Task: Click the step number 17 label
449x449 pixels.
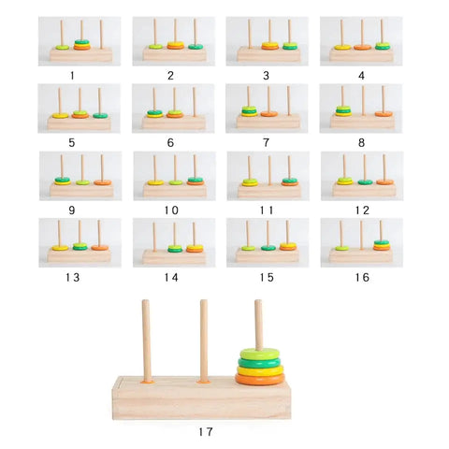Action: (x=206, y=432)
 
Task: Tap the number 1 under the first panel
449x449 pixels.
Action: (x=72, y=76)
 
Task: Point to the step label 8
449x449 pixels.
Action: (x=361, y=143)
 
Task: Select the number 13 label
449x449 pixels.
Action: (x=73, y=277)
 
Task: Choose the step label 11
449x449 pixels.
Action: (x=267, y=210)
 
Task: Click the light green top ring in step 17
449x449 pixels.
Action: (x=260, y=355)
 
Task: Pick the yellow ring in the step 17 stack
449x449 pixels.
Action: (x=260, y=370)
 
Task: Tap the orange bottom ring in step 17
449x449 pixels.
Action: (x=260, y=379)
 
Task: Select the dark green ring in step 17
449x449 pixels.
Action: (x=259, y=363)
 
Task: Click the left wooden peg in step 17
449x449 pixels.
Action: (x=146, y=340)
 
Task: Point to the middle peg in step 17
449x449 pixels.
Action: (x=204, y=340)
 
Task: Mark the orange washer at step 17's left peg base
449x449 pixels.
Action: (x=147, y=381)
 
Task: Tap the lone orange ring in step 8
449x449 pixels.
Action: (x=384, y=114)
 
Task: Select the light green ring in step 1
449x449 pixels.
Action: (x=63, y=48)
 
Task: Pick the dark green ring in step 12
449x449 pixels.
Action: (x=365, y=182)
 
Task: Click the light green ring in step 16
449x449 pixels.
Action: (x=342, y=248)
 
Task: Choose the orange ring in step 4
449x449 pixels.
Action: (x=362, y=48)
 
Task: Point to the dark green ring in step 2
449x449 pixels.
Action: (x=196, y=47)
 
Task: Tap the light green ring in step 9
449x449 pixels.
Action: (x=82, y=182)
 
